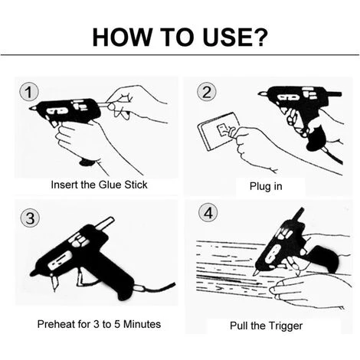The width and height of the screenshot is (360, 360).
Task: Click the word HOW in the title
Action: pyautogui.click(x=122, y=38)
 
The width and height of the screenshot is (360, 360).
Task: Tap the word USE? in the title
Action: pyautogui.click(x=235, y=38)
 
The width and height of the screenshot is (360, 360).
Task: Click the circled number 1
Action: pyautogui.click(x=29, y=92)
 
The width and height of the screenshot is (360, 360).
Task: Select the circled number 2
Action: pyautogui.click(x=207, y=92)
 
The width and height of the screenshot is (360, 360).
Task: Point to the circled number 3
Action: pyautogui.click(x=30, y=218)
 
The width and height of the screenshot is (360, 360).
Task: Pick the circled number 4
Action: pyautogui.click(x=208, y=213)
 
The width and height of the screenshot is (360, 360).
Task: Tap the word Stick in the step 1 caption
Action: pyautogui.click(x=136, y=185)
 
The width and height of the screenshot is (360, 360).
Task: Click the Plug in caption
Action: pyautogui.click(x=266, y=186)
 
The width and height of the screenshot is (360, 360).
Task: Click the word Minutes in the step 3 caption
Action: pyautogui.click(x=142, y=324)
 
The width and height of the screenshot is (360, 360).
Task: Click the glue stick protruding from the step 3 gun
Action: pyautogui.click(x=104, y=223)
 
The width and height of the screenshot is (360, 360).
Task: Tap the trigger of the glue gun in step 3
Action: pyautogui.click(x=81, y=276)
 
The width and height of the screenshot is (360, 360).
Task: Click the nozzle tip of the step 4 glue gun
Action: pyautogui.click(x=255, y=273)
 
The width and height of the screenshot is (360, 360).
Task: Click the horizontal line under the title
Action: pyautogui.click(x=180, y=54)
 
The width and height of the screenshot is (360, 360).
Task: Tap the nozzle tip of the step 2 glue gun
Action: pyautogui.click(x=260, y=94)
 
